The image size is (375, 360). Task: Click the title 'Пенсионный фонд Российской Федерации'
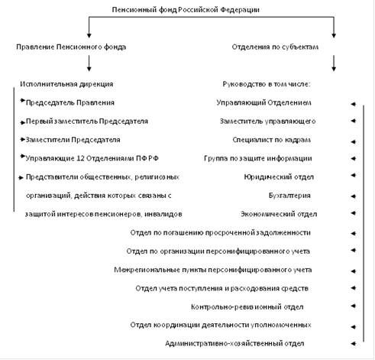[x=186, y=10]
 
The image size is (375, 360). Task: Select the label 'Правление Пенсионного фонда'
[x=71, y=47]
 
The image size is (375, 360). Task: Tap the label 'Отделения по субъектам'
[x=275, y=47]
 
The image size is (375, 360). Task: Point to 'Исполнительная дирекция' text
[x=66, y=84]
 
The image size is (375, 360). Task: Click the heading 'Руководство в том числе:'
[x=267, y=84]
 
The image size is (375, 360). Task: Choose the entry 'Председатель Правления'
[x=70, y=102]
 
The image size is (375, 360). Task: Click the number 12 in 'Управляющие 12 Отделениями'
[x=80, y=158]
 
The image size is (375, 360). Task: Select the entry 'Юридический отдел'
[x=279, y=177]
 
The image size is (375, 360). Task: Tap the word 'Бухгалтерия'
[x=289, y=196]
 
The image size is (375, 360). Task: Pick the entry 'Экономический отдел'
[x=279, y=214]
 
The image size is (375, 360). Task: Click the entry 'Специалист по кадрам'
[x=271, y=140]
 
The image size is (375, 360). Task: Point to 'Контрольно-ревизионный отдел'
[x=247, y=307]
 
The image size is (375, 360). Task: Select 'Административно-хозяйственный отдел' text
[x=234, y=344]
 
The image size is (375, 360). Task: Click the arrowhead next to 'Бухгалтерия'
[x=353, y=196]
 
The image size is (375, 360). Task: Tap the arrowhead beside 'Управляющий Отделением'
[x=353, y=104]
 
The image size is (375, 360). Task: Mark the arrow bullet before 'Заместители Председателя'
[x=22, y=139]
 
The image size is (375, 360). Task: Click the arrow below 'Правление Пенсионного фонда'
[x=89, y=63]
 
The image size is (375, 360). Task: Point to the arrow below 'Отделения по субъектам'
[x=334, y=63]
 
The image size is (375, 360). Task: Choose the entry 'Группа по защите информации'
[x=258, y=158]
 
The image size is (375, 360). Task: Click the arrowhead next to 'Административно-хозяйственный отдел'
[x=353, y=344]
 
